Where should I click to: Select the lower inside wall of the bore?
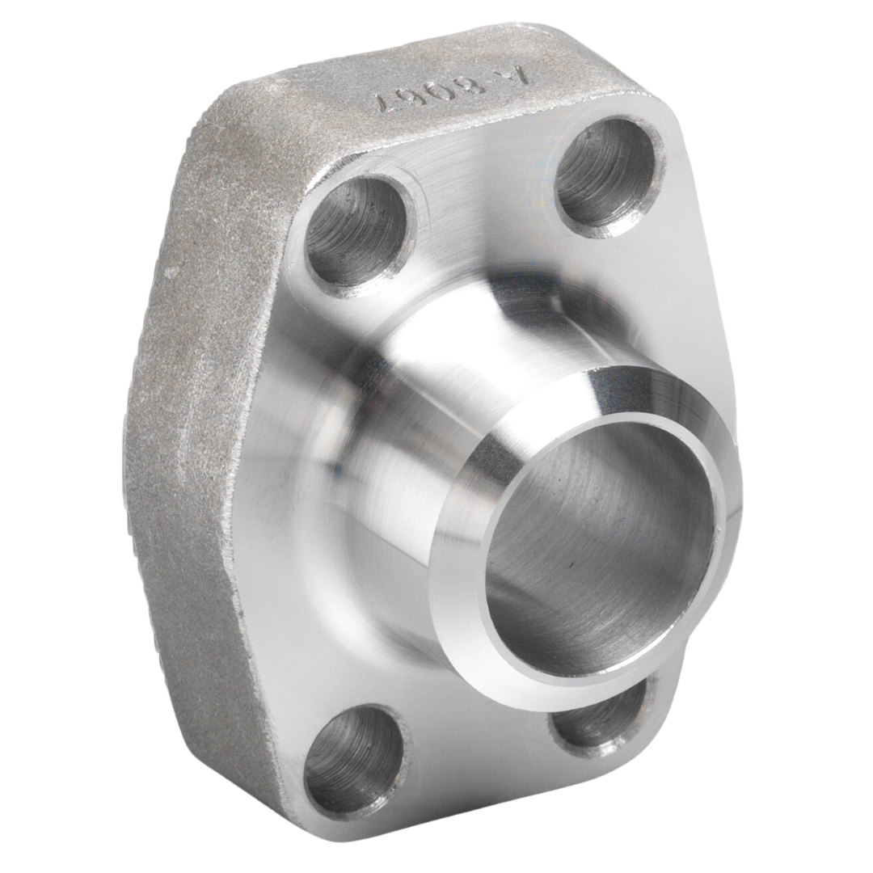(x=582, y=639)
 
